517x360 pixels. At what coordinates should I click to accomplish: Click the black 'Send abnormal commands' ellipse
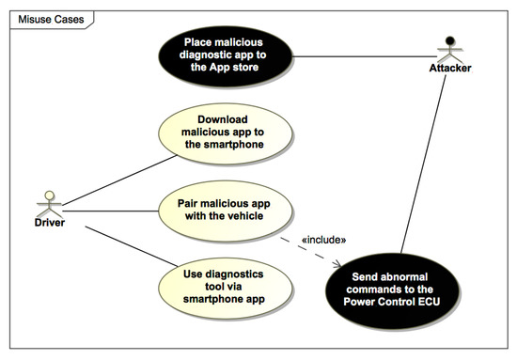(394, 283)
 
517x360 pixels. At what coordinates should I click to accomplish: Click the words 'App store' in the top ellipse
(250, 70)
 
